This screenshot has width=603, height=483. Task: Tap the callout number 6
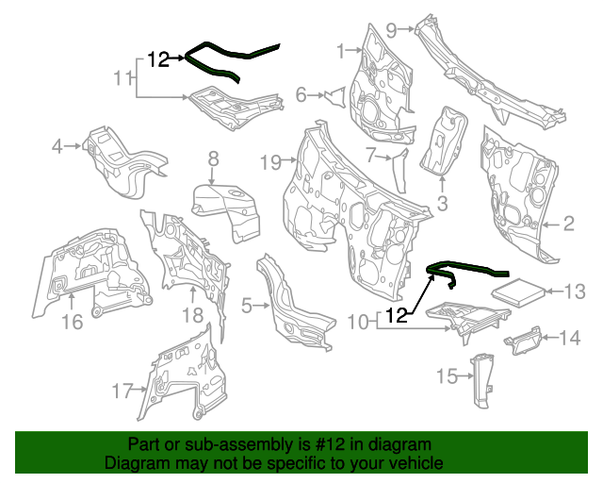point(301,94)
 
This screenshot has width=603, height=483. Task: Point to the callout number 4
point(57,145)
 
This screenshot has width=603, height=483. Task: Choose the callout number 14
point(571,337)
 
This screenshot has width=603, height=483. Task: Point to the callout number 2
point(568,224)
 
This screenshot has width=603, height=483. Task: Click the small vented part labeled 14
point(525,340)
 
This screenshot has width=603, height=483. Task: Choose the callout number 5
point(246,305)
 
